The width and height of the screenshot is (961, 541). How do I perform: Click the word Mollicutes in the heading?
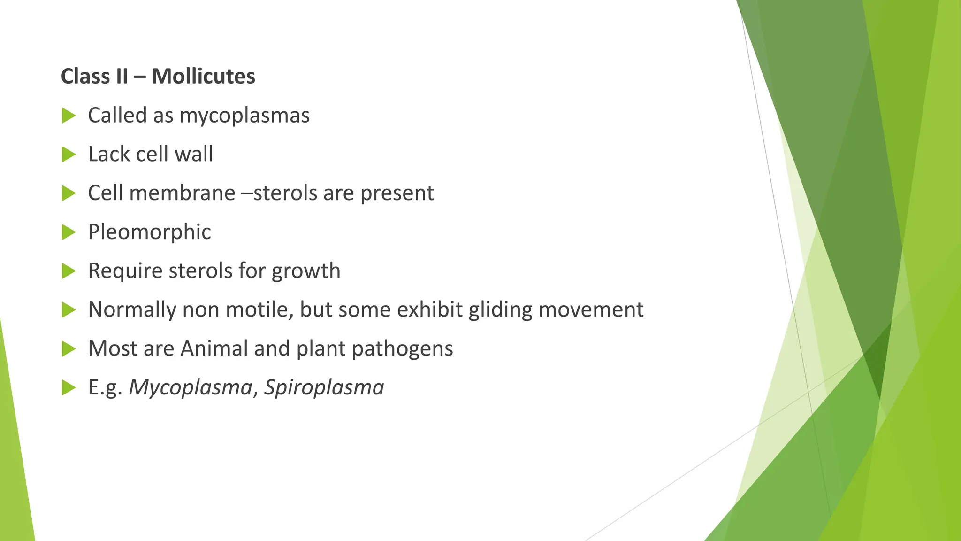point(203,76)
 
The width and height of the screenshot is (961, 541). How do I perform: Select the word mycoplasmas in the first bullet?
point(244,116)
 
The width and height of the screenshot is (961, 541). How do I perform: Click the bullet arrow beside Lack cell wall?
point(69,155)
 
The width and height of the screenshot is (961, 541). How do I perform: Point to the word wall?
point(194,154)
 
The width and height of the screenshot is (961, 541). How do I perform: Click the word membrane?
point(182,193)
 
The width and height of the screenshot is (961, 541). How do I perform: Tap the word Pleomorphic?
point(149,232)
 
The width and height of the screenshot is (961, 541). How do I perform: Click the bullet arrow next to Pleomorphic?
point(69,232)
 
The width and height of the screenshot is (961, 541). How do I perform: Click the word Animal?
point(214,348)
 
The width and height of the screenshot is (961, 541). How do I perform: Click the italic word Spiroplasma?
point(324,387)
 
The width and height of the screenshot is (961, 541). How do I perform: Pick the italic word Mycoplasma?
point(191,388)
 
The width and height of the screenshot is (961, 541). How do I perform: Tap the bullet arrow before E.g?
point(69,388)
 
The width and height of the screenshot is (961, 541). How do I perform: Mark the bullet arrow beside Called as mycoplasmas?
point(69,116)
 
